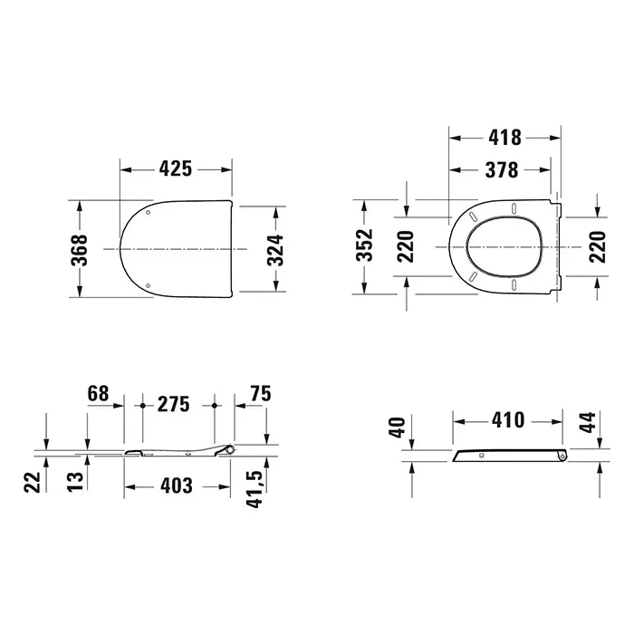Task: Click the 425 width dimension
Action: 175,168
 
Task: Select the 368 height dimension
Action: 80,250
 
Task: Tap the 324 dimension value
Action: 275,249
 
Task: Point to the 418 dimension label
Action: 504,138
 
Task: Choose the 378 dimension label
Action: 502,170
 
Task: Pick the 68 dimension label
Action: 98,393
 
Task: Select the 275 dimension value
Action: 174,404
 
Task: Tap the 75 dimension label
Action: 261,393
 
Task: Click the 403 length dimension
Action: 177,485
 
